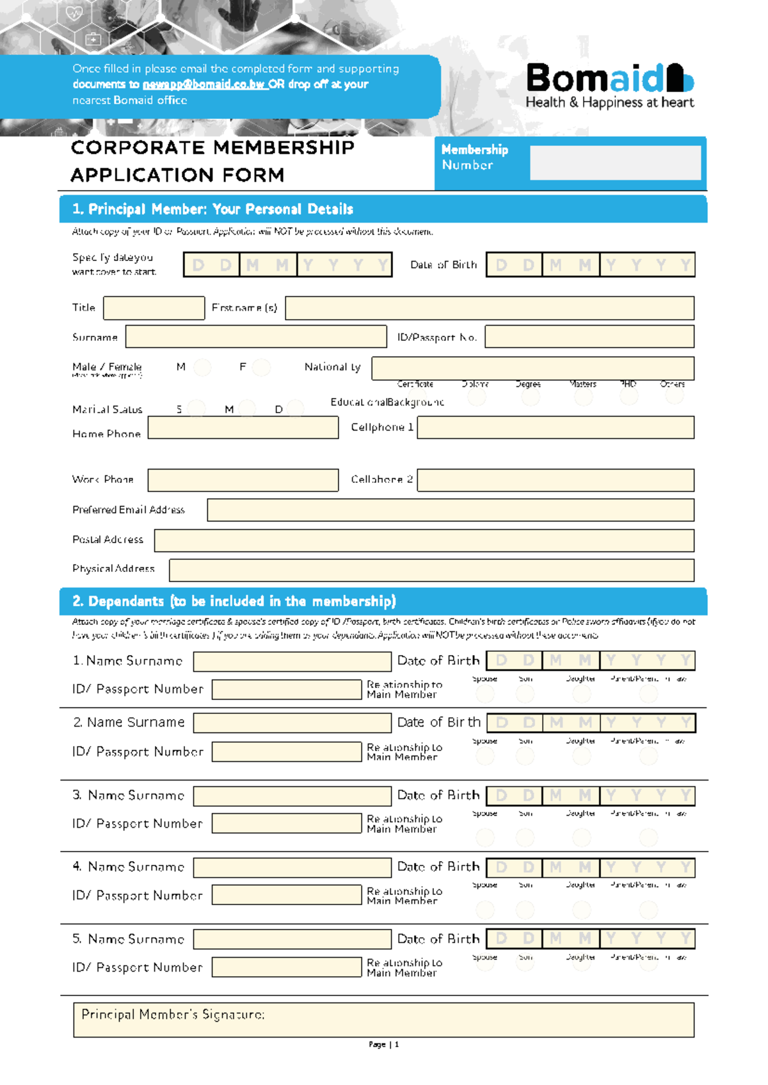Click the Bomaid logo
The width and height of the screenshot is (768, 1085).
click(609, 85)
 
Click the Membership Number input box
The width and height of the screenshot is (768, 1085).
click(615, 162)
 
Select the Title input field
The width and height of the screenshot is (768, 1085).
click(154, 308)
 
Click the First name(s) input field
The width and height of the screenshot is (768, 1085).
click(490, 308)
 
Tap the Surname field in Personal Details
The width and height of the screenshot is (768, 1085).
click(256, 337)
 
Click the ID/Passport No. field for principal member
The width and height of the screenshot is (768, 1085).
click(589, 337)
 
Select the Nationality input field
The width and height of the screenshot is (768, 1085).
click(532, 368)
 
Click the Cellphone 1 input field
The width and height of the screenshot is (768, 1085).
click(556, 427)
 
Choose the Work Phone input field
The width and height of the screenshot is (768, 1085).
click(243, 480)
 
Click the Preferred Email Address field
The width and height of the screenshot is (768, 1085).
click(451, 510)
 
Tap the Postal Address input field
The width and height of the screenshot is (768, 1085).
click(424, 540)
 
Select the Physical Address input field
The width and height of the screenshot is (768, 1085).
click(431, 570)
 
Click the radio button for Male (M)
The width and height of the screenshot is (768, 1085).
click(202, 367)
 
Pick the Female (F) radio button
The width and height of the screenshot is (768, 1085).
click(261, 367)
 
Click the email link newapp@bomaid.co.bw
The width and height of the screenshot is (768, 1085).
click(204, 84)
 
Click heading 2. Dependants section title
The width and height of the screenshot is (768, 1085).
click(234, 601)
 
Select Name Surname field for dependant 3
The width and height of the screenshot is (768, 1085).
click(292, 796)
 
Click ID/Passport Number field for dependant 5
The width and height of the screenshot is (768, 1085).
click(286, 967)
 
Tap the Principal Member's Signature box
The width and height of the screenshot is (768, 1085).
click(383, 1020)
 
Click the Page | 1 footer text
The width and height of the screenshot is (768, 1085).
click(383, 1044)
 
